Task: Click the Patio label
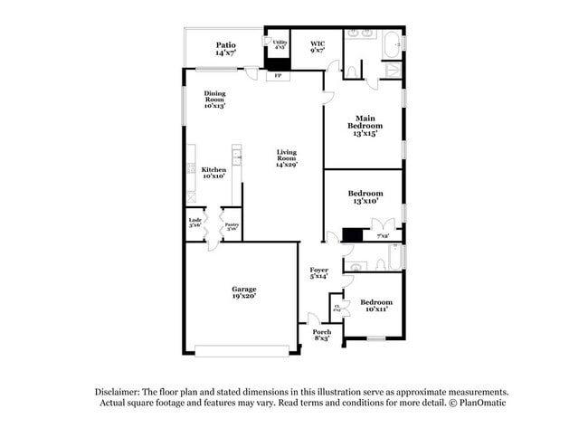coord(225,44)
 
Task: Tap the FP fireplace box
coord(278,76)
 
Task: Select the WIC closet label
coord(317,43)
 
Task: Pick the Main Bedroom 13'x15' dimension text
coord(365,132)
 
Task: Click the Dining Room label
coord(214,93)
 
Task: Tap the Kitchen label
coord(213,170)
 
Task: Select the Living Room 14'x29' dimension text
coord(287,165)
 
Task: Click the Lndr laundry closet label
coord(194,220)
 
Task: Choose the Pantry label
coord(231,224)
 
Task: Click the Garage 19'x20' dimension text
coord(242,296)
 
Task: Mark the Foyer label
coord(318,270)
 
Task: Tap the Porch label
coord(322,332)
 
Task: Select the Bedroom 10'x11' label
coord(375,302)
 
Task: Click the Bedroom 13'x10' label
coord(365,193)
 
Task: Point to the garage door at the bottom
coord(242,350)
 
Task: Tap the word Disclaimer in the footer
coord(122,392)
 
